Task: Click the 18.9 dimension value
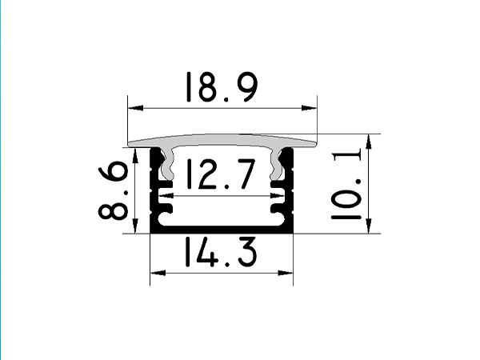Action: (221, 87)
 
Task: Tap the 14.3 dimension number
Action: (221, 254)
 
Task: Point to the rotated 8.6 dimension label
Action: (114, 190)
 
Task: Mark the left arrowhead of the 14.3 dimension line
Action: (156, 273)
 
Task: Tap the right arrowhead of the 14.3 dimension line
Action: (287, 273)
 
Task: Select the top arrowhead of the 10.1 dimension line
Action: (370, 141)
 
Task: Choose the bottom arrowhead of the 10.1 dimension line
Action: (370, 228)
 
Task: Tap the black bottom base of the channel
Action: (222, 230)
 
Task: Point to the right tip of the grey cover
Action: (317, 143)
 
